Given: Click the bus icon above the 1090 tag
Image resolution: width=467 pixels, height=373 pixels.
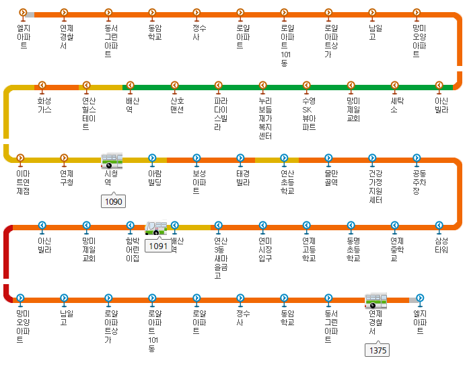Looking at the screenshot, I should [111, 160].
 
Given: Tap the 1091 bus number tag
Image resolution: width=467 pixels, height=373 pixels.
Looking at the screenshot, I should [158, 246].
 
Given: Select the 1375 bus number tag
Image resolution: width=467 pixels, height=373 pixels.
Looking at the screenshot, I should [378, 350].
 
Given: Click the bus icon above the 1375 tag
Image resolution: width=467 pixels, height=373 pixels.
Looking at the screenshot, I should [375, 300].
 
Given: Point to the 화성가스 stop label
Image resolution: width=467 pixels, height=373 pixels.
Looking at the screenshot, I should [44, 104].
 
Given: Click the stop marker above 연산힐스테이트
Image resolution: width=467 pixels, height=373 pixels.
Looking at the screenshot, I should [86, 86].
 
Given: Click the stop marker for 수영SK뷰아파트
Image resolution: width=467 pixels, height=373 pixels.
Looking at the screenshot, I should [308, 86].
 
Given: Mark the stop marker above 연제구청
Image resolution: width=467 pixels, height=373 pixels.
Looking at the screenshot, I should [65, 159].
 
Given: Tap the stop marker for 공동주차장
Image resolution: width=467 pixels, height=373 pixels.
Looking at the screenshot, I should [417, 159].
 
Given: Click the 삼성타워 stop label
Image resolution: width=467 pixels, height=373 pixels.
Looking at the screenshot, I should [441, 244].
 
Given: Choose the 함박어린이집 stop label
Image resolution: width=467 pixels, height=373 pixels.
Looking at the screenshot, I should [133, 248].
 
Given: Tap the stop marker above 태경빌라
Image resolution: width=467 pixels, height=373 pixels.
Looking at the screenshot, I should [240, 159].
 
